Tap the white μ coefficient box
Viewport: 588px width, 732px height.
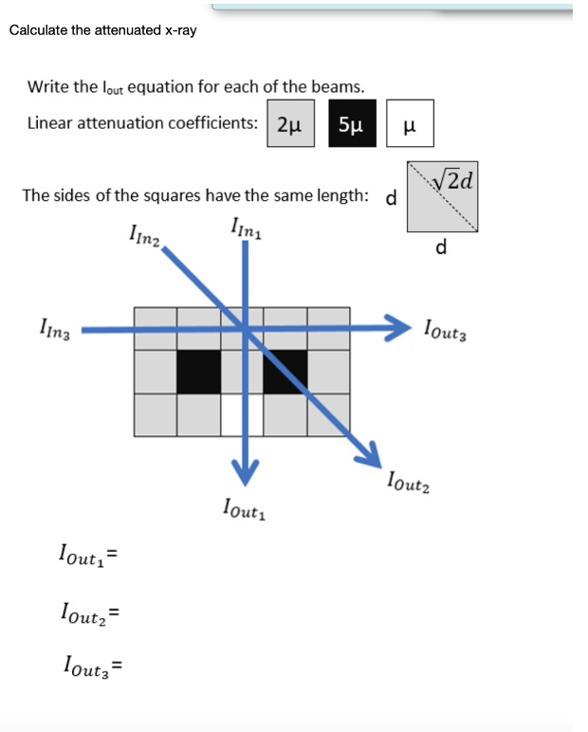pyautogui.click(x=410, y=125)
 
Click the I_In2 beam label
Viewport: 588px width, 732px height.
pyautogui.click(x=145, y=234)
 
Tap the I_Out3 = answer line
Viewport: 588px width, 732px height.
pyautogui.click(x=94, y=664)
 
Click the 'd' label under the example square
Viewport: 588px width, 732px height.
pyautogui.click(x=440, y=248)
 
